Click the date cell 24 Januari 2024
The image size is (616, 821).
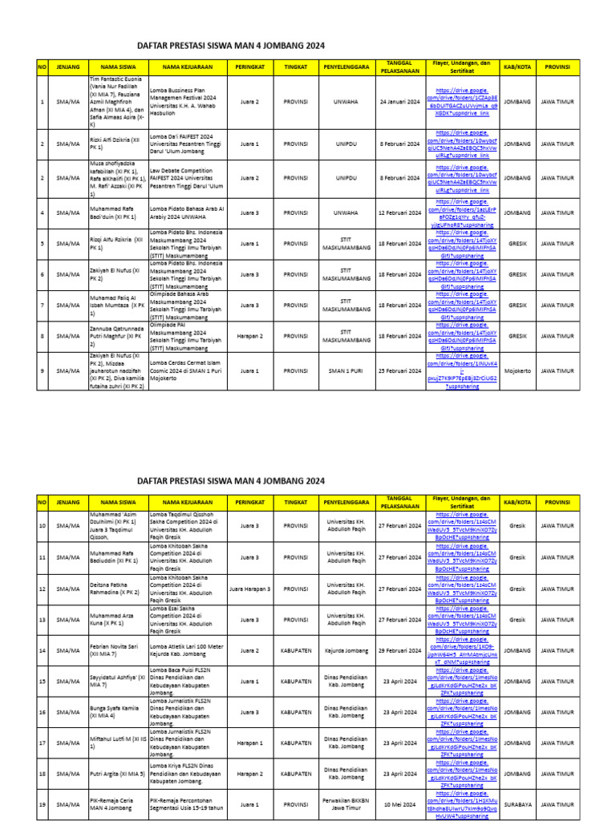pos(399,103)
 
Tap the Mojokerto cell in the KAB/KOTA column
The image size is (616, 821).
pos(517,371)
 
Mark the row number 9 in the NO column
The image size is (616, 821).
pos(43,371)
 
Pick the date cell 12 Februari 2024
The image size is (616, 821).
pos(399,213)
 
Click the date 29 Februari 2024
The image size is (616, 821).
pos(399,650)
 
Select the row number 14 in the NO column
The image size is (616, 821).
pos(43,650)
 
